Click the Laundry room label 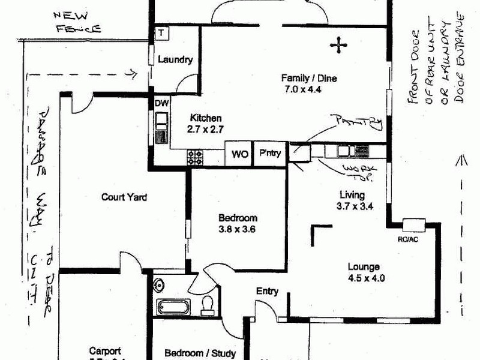tap(175, 60)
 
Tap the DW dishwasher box tap(161, 103)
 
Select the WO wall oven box tap(240, 154)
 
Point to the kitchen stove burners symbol tap(196, 157)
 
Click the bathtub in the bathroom tap(173, 307)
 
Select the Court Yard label tap(124, 196)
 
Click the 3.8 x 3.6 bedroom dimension tap(238, 228)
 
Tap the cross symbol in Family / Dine tap(338, 44)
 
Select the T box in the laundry tap(162, 33)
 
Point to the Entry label tap(267, 292)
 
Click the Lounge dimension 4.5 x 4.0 tap(365, 278)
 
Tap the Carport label tap(105, 351)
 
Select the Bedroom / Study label tap(200, 353)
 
